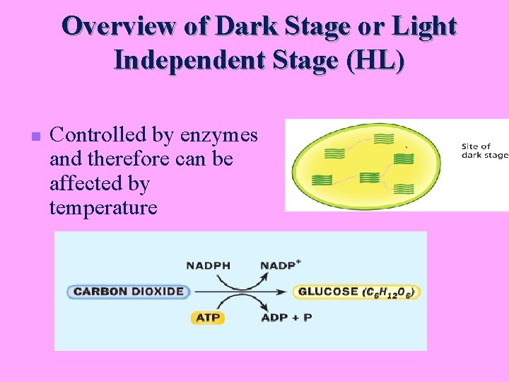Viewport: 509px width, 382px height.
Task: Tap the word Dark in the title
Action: point(244,26)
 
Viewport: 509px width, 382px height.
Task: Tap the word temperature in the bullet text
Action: point(103,207)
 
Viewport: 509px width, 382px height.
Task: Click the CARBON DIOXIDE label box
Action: point(129,291)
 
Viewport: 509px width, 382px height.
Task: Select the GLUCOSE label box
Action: point(356,291)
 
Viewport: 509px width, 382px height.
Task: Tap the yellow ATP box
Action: point(208,318)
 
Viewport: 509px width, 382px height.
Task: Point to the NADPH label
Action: point(208,266)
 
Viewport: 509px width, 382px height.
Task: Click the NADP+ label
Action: point(281,266)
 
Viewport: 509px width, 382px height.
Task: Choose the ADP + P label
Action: point(286,318)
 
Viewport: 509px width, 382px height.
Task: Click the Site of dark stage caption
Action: point(484,151)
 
